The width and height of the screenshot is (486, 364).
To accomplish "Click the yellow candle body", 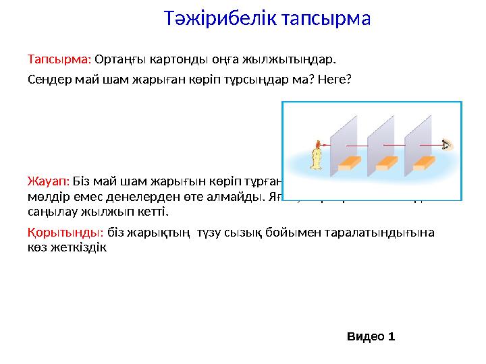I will point(315,159).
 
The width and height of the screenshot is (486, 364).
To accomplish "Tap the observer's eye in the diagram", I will point(446,144).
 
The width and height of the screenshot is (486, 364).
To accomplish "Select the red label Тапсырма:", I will point(59,59).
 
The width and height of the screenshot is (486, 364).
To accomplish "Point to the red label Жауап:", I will point(48,181).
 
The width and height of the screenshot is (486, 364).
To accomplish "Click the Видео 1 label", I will point(371,336).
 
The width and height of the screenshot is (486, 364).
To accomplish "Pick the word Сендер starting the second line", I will point(49,78).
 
